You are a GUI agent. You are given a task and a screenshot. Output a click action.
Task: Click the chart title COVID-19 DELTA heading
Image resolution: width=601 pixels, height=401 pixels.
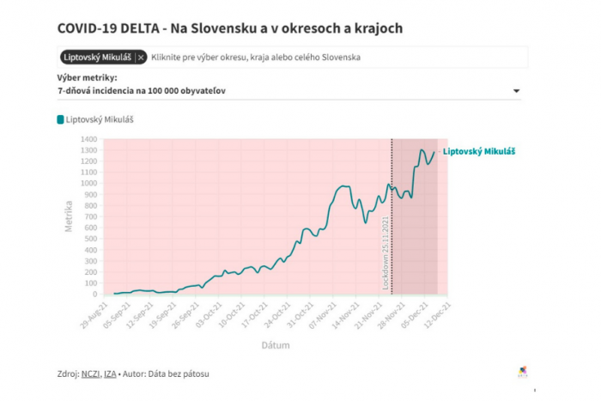coord(229,28)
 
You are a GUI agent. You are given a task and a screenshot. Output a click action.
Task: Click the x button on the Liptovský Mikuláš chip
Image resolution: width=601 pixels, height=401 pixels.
coord(141,58)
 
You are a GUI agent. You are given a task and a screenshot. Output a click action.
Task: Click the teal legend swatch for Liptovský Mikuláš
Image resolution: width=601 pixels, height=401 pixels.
coord(61,120)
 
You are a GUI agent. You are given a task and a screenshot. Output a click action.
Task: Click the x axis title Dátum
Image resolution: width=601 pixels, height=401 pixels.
coord(276,345)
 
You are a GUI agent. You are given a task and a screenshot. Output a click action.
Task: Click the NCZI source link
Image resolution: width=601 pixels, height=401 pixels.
coord(91,374)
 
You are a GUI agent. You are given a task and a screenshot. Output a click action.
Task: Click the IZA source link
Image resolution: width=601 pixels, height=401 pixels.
coord(111,374)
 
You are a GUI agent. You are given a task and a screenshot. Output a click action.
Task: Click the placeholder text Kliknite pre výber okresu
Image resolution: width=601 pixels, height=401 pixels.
coord(256,58)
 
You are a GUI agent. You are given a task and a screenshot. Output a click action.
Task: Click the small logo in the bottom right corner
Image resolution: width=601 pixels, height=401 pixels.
coord(525,372)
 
